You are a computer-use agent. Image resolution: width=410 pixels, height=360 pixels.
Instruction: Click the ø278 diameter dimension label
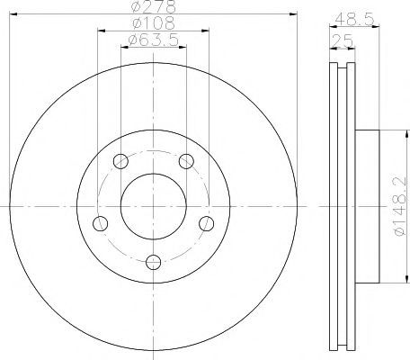(x=154, y=6)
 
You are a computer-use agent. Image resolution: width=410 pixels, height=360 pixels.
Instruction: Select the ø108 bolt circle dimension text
(x=154, y=23)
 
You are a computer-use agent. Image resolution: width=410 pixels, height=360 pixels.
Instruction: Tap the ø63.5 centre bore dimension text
(x=154, y=40)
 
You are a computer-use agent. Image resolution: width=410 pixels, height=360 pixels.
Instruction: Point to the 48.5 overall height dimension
(x=355, y=20)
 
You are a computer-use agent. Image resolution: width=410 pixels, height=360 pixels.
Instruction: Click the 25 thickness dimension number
(x=343, y=40)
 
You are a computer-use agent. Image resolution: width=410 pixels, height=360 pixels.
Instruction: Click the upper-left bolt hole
(x=120, y=161)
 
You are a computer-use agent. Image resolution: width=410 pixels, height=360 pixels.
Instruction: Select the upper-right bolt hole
(x=186, y=161)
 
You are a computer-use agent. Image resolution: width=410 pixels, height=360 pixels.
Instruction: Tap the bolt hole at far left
(x=100, y=223)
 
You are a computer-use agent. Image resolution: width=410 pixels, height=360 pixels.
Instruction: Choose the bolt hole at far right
(x=207, y=223)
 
